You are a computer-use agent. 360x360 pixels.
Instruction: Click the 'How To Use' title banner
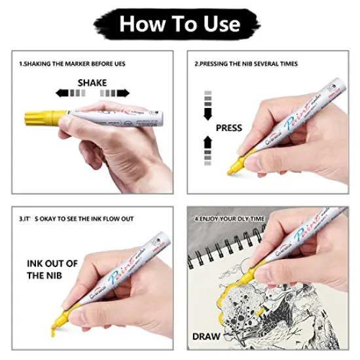tap(180, 24)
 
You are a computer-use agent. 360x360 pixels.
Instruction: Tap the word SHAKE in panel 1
tap(93, 83)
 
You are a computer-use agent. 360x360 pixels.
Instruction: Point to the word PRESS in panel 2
tap(228, 128)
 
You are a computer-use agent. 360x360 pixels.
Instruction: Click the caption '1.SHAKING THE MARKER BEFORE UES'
tap(71, 63)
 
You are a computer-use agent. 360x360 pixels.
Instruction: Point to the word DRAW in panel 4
tap(207, 337)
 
